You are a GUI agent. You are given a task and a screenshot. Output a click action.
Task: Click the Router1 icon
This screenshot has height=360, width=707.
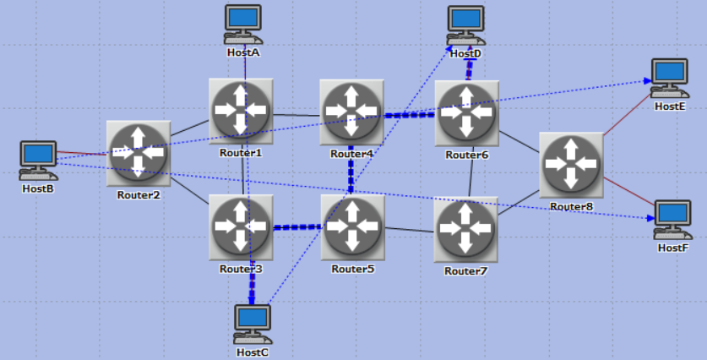click(241, 110)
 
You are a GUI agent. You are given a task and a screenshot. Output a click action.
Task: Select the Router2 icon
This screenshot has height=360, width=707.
click(139, 153)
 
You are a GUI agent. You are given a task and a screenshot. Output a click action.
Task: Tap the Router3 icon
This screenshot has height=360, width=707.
click(241, 226)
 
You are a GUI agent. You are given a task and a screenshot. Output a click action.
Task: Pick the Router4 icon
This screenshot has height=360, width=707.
click(351, 111)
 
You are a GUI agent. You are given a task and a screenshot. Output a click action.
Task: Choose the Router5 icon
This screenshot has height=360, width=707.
click(352, 226)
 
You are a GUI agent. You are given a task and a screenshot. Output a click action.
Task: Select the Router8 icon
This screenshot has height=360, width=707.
click(571, 162)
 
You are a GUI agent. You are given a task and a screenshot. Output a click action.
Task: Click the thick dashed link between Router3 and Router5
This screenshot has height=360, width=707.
click(296, 226)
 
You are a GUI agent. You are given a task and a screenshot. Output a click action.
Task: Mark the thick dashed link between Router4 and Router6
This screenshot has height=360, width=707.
click(409, 115)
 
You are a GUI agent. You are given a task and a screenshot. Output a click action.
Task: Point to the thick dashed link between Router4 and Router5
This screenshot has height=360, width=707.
click(351, 169)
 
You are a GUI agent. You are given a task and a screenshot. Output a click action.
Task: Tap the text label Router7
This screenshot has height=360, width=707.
click(465, 270)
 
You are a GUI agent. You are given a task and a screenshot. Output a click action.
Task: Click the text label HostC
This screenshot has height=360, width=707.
click(253, 352)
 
